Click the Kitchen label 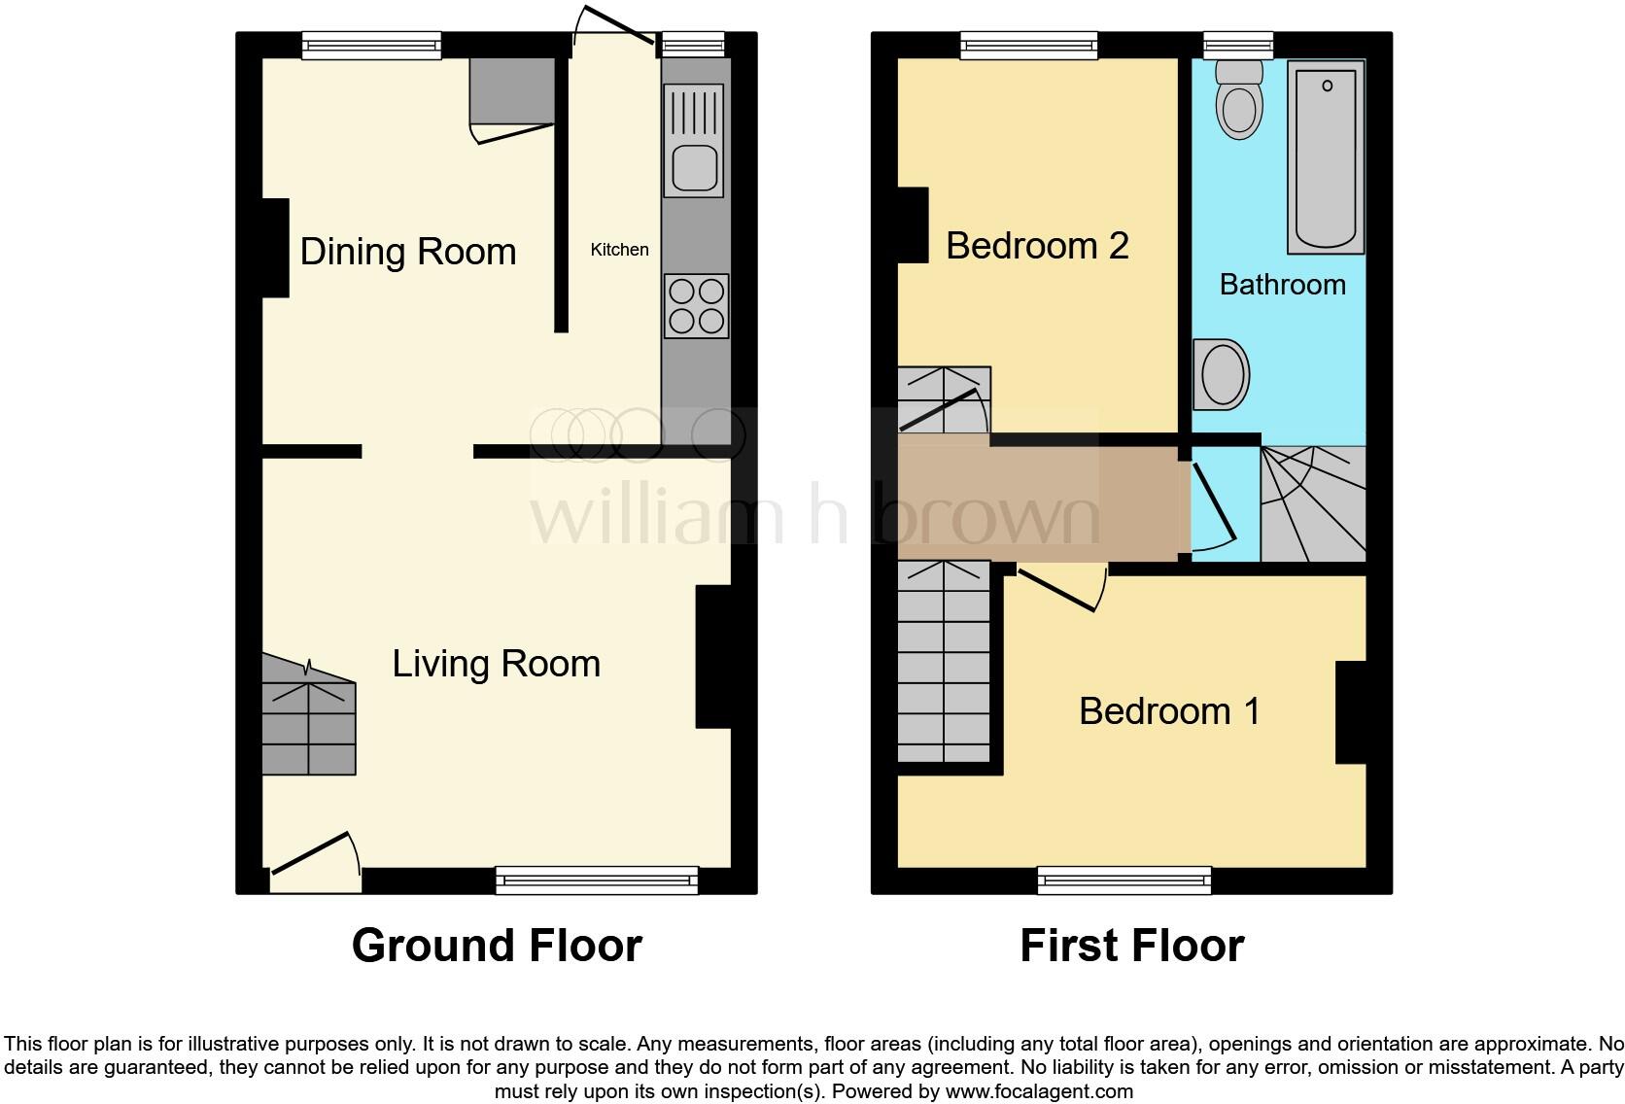[x=619, y=250]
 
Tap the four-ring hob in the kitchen [x=696, y=306]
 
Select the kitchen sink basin [x=694, y=167]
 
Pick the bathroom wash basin [x=1221, y=373]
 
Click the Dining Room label [x=407, y=252]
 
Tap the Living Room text [x=496, y=664]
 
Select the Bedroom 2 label [x=1037, y=246]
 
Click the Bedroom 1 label [x=1169, y=711]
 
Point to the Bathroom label [x=1282, y=285]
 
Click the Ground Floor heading [x=497, y=946]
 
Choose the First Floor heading [x=1131, y=946]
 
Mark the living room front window [x=597, y=880]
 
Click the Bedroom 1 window [x=1124, y=880]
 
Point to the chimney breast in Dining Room [x=275, y=248]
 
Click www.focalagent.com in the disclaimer [x=1039, y=1091]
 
